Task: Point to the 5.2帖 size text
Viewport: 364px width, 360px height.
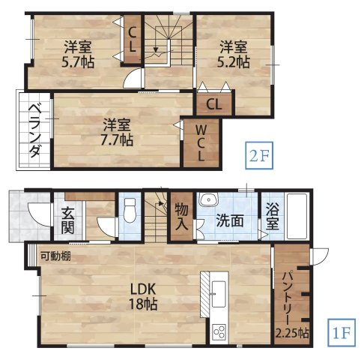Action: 234,63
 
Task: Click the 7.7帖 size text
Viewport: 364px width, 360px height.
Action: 117,139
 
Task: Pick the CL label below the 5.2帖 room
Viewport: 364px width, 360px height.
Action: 213,103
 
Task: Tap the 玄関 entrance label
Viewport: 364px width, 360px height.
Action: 64,217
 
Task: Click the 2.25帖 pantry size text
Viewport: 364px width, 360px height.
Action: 291,332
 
